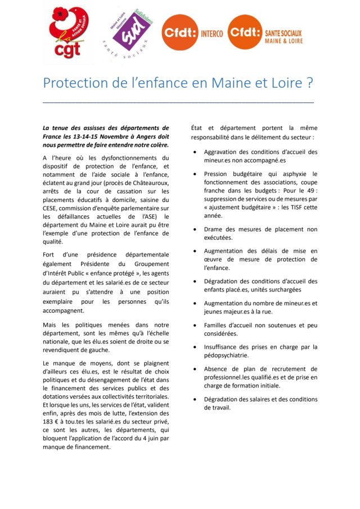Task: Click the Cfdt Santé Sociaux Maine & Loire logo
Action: (264, 33)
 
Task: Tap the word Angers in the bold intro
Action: (146, 137)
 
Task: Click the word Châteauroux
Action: (148, 183)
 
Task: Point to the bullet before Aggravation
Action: (195, 152)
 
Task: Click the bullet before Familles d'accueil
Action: (195, 326)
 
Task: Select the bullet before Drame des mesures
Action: (195, 229)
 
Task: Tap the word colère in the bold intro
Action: (156, 145)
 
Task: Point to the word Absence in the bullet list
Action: (217, 369)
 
